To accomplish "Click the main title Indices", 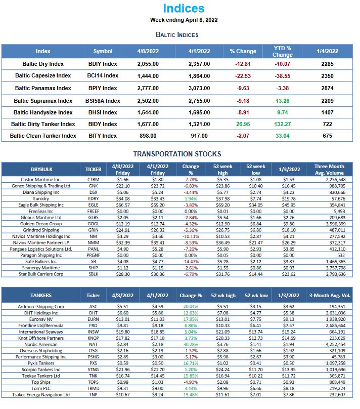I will tap(177, 8).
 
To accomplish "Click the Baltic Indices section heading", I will tap(177, 34).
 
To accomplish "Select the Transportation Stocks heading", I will tap(177, 154).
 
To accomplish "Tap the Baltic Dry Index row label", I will tap(43, 64).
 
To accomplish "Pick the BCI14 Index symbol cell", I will tap(103, 76).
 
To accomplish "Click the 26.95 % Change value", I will tap(243, 124).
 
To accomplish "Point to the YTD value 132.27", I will tap(282, 124).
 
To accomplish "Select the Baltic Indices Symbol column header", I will tap(103, 51).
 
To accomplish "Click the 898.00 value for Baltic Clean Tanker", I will tap(148, 136).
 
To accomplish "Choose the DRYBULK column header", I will tap(41, 170).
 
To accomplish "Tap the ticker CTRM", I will tap(93, 180).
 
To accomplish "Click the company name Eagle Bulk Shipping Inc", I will tap(41, 205).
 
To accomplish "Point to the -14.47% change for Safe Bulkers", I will tap(191, 262).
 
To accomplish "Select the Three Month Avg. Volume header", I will tap(329, 170).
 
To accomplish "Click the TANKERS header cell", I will tap(40, 295).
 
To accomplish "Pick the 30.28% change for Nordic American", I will tap(190, 344).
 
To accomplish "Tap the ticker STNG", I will tap(93, 370).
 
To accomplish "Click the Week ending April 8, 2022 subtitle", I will tap(176, 20).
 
